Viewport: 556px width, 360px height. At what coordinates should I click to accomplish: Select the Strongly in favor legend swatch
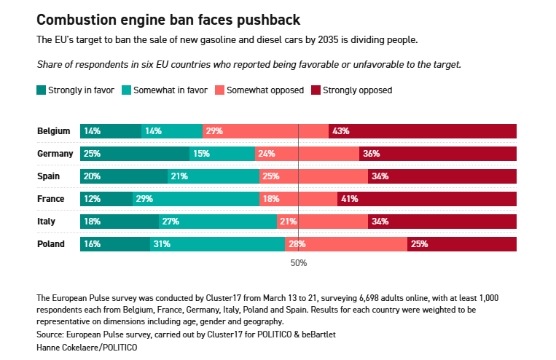[x=41, y=90]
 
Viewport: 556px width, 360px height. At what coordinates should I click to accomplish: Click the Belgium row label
[x=53, y=131]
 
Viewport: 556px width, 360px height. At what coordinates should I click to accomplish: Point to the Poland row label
[x=51, y=244]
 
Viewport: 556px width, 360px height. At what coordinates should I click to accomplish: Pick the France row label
[x=51, y=199]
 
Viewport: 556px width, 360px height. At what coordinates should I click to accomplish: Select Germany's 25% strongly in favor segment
[x=135, y=154]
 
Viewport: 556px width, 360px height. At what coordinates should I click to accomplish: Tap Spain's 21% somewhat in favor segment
[x=214, y=176]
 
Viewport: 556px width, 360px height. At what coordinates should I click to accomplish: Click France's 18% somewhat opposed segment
[x=298, y=199]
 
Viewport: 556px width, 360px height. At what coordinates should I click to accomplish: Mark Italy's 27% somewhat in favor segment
[x=217, y=222]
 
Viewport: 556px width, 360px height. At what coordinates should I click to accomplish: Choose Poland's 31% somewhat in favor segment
[x=217, y=244]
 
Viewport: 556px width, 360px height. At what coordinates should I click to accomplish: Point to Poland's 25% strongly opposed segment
[x=462, y=244]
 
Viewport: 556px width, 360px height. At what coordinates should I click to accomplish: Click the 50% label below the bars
[x=299, y=263]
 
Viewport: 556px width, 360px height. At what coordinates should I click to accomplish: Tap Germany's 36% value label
[x=372, y=154]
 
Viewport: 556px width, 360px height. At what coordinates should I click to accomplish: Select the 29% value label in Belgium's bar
[x=214, y=131]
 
